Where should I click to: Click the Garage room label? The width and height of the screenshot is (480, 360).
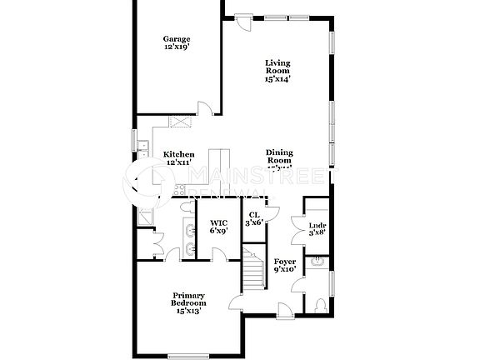click(x=177, y=43)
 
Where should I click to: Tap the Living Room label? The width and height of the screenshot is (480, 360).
click(x=277, y=71)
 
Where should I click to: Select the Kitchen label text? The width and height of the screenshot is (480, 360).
click(x=178, y=157)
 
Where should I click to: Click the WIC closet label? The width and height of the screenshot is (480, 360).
click(x=218, y=227)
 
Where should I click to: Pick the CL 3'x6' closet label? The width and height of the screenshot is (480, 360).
click(x=254, y=219)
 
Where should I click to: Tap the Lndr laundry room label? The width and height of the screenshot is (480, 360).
click(x=317, y=227)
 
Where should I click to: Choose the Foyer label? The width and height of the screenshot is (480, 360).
click(x=285, y=265)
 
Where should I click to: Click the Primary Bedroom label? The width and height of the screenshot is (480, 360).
click(x=189, y=301)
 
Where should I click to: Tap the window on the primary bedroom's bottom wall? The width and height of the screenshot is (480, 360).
click(x=187, y=357)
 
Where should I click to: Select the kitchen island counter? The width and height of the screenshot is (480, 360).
click(x=218, y=160)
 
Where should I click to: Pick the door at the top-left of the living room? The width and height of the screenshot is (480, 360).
click(x=241, y=22)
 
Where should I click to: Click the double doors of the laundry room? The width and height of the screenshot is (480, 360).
click(x=297, y=227)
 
